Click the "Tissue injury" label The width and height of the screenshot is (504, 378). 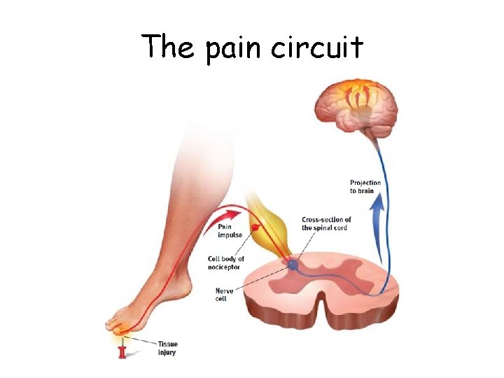pyautogui.click(x=167, y=348)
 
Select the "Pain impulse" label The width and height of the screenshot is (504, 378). pyautogui.click(x=230, y=231)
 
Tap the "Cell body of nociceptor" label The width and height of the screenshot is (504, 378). pyautogui.click(x=225, y=263)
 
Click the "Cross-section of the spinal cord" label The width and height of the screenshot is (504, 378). pyautogui.click(x=326, y=224)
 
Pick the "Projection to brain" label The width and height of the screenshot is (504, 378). pyautogui.click(x=365, y=187)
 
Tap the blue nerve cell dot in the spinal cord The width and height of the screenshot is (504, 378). pyautogui.click(x=293, y=265)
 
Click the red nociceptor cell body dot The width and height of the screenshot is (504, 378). pyautogui.click(x=255, y=228)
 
